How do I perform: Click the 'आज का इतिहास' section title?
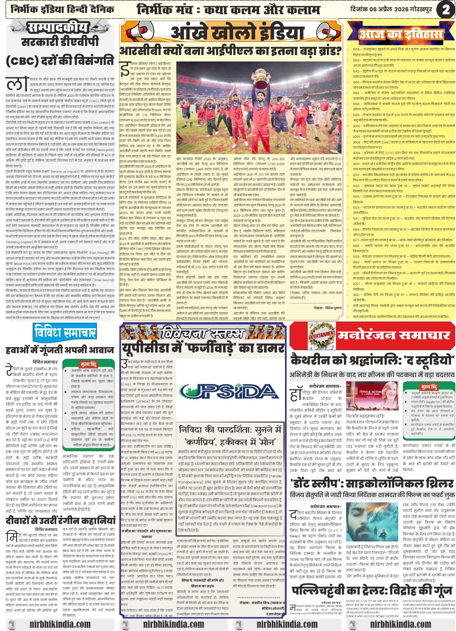pos(401,35)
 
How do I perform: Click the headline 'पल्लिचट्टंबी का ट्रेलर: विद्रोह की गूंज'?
pos(372,591)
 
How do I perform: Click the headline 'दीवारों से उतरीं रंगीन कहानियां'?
pos(60,520)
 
